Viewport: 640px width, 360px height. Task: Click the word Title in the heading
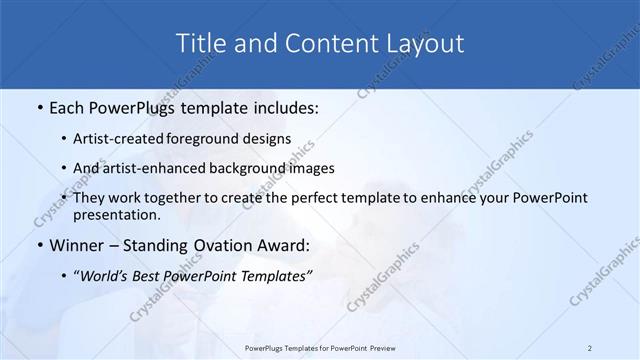(x=199, y=43)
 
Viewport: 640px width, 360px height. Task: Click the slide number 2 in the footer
(x=589, y=348)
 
